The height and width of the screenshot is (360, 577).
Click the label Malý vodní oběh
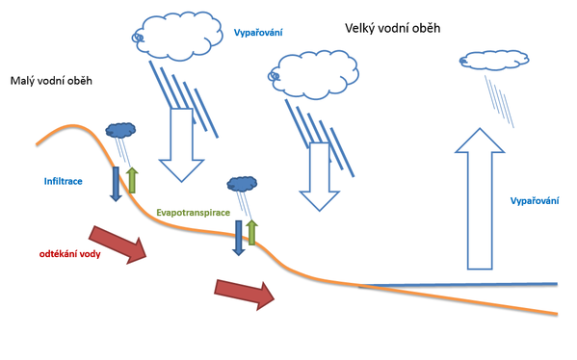pos(51,83)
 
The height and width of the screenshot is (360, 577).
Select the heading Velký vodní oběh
pos(392,29)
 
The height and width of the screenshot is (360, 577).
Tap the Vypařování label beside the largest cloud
pos(257,33)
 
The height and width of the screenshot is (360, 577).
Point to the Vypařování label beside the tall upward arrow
pos(533,201)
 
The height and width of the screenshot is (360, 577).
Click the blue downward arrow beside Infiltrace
pos(116,183)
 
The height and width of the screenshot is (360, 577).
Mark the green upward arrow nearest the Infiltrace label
pos(132,182)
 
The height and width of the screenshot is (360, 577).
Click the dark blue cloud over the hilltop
pos(120,129)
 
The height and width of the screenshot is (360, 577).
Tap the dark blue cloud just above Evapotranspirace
pos(241,183)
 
